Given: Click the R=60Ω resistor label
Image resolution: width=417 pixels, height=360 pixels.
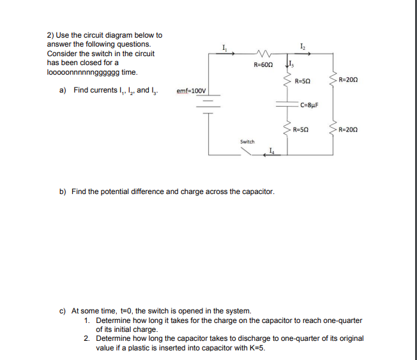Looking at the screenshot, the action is pos(263,64).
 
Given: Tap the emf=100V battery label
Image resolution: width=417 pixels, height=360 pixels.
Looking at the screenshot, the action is pos(191,91).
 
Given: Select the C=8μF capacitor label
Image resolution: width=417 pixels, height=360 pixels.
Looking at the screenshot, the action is pos(309,105).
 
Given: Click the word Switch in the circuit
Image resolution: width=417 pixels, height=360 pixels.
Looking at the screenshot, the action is pos(247,142).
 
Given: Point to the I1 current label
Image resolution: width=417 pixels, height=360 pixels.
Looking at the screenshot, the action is pos(224,48).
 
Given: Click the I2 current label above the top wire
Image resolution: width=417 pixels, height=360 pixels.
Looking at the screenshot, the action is pos(303,47).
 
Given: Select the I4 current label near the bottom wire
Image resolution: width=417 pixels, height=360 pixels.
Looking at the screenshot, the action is pos(271,151).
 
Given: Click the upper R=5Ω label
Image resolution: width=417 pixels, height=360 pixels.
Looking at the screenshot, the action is pos(303,81).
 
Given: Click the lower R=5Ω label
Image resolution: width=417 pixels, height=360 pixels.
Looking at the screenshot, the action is pos(301,130).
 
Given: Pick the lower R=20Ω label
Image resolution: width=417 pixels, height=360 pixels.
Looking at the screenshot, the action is pos(348,130).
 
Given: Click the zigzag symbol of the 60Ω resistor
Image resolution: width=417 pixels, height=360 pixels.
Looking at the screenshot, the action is pos(263,54).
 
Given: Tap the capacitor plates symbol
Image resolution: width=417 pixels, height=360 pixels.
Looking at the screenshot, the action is pos(287,104).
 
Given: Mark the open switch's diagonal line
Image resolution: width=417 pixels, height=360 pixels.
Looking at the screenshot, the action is pos(246,151).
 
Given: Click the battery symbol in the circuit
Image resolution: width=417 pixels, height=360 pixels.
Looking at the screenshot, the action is pos(208,104).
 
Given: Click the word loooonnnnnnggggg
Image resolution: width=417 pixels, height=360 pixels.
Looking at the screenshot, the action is pos(83,72).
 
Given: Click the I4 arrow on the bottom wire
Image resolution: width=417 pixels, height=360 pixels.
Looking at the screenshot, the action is pos(272,154).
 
